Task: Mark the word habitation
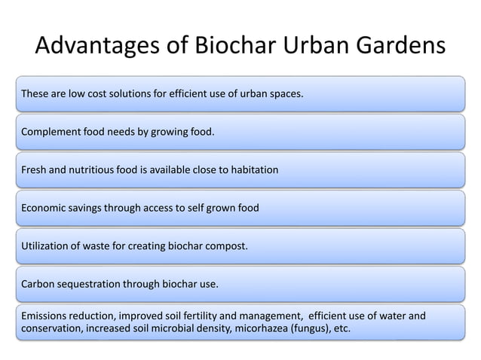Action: pyautogui.click(x=252, y=170)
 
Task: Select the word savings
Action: pyautogui.click(x=94, y=208)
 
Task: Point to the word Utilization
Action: pyautogui.click(x=47, y=246)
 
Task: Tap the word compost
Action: pyautogui.click(x=226, y=246)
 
